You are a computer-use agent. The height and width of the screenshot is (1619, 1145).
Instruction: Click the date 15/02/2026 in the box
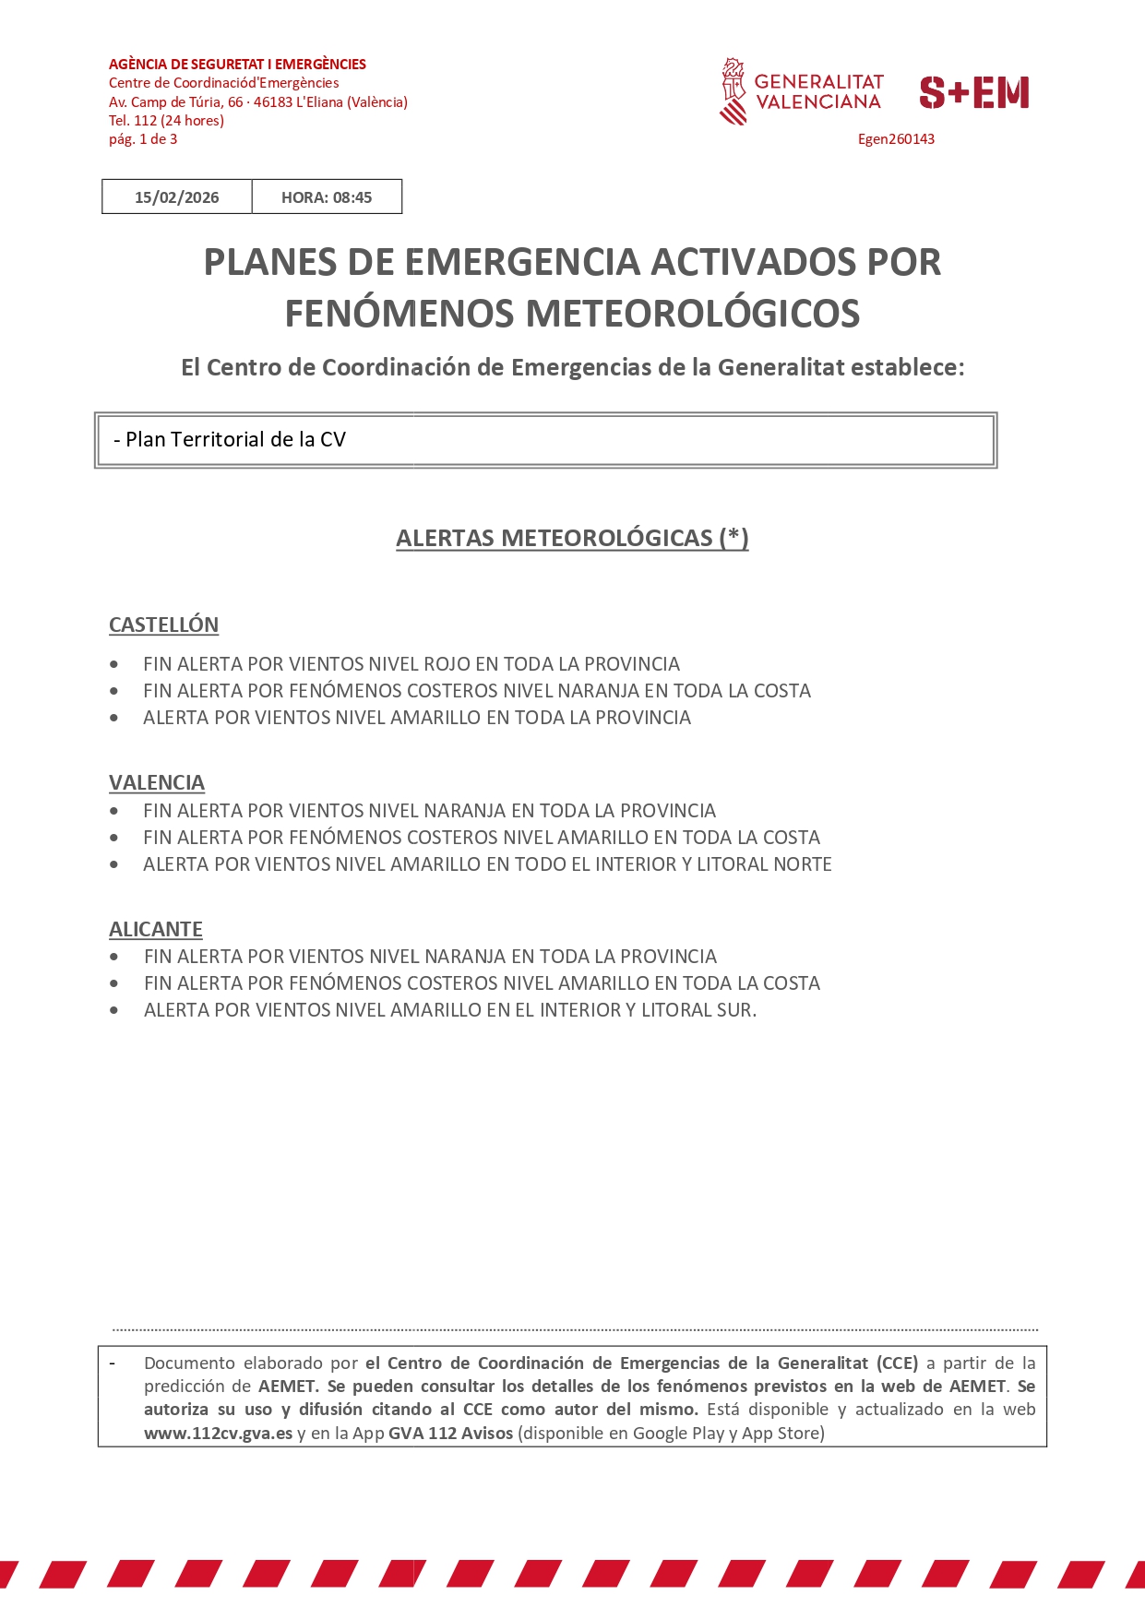point(176,197)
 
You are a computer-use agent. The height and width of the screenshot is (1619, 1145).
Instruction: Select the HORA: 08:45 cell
point(327,197)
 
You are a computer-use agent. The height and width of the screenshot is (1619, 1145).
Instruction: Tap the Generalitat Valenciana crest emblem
point(733,91)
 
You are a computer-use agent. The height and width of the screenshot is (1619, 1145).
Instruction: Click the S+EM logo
point(973,92)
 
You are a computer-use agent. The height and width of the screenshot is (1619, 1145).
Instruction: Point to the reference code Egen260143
point(896,139)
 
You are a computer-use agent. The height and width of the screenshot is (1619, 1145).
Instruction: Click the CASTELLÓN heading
point(163,625)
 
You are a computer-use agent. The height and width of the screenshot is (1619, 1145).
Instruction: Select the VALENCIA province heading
point(157,782)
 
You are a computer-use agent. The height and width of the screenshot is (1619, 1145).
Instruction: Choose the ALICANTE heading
point(156,929)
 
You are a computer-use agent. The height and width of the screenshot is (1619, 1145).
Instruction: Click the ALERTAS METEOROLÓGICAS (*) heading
point(572,538)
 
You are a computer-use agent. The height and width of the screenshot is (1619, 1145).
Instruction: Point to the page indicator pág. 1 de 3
point(143,139)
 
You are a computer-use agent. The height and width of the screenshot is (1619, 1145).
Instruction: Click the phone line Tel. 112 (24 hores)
point(166,121)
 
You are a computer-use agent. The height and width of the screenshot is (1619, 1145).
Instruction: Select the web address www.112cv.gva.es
point(218,1433)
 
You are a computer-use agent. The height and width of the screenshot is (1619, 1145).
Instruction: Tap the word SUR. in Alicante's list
point(736,1010)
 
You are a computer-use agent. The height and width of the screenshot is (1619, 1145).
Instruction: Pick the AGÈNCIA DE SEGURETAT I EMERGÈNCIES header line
point(237,65)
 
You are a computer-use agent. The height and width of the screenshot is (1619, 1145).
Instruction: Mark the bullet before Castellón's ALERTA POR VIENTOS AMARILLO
point(113,718)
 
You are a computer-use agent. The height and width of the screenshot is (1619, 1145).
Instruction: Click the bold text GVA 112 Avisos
point(450,1433)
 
